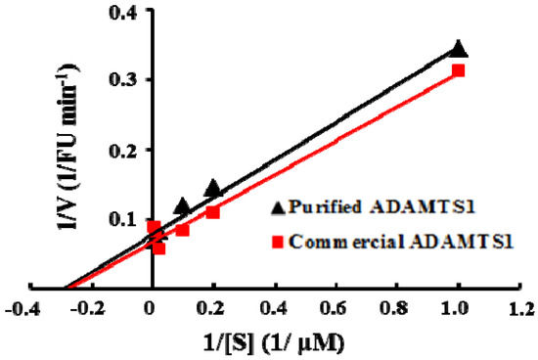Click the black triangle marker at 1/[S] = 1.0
coord(459,50)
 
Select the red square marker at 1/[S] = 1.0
coord(458,70)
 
